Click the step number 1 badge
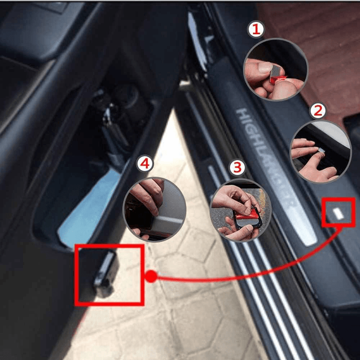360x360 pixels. tap(256, 29)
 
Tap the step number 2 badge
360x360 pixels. tap(318, 111)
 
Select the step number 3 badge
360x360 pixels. tap(237, 167)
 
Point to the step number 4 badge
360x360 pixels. tap(145, 164)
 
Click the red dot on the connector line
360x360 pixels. tap(151, 276)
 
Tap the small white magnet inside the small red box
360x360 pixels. tap(338, 213)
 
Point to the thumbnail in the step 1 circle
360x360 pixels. tap(265, 67)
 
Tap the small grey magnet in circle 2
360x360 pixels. tap(321, 150)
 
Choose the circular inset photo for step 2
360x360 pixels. tap(321, 152)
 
